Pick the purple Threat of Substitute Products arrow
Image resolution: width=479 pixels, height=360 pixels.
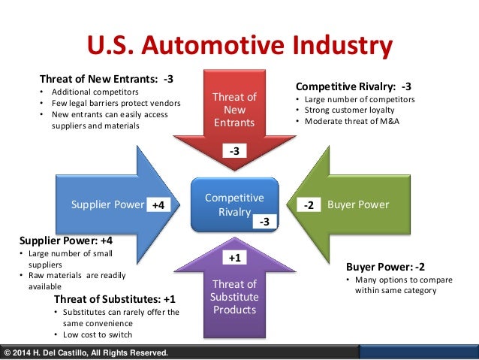click(x=234, y=296)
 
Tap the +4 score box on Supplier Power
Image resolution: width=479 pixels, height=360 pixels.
click(x=158, y=204)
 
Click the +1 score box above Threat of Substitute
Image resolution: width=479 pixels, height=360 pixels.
click(x=234, y=257)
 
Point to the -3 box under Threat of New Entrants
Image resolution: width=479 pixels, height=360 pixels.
click(x=234, y=152)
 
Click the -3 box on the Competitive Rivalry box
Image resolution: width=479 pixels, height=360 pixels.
click(x=264, y=222)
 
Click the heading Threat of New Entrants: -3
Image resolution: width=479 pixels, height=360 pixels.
click(x=107, y=79)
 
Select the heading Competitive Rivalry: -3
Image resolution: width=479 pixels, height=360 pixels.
click(x=353, y=86)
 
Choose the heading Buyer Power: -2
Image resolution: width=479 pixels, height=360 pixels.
click(x=385, y=266)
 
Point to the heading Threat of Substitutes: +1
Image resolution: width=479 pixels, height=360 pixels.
click(x=115, y=298)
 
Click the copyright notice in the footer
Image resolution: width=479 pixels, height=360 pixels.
click(x=86, y=353)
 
